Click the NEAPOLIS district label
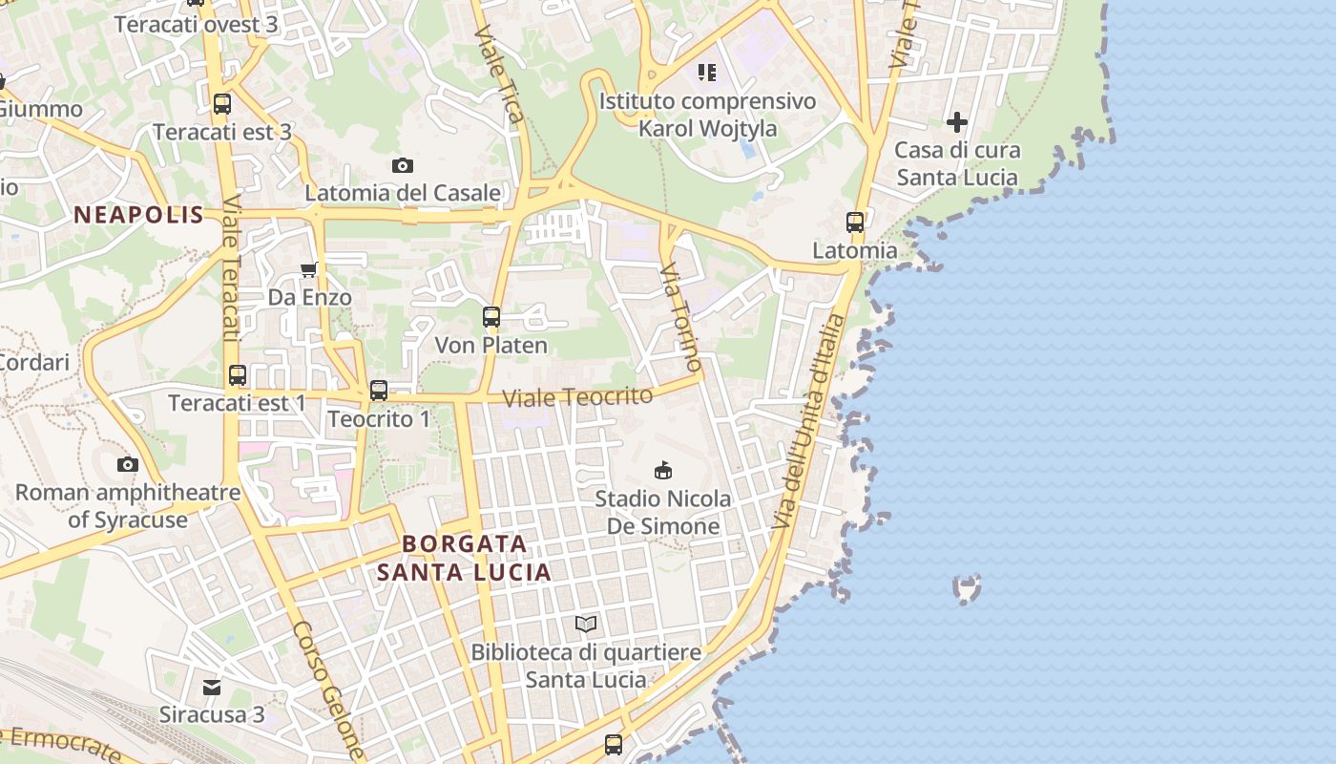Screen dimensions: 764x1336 click(x=139, y=215)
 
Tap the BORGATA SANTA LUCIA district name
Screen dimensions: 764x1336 click(x=464, y=558)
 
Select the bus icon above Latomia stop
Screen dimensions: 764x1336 click(x=855, y=223)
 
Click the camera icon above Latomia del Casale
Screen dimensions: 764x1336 click(x=403, y=166)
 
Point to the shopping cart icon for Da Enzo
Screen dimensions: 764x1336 click(x=309, y=270)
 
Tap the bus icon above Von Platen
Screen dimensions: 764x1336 click(x=491, y=317)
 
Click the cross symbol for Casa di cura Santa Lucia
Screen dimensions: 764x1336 click(x=957, y=122)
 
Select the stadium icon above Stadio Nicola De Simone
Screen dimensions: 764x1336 click(x=663, y=470)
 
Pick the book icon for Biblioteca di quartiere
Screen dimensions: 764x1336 click(x=586, y=625)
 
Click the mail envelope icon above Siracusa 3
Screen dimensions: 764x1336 click(x=212, y=687)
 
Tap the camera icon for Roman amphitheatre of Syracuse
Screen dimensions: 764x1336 click(x=128, y=465)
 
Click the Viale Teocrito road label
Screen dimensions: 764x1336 click(x=578, y=396)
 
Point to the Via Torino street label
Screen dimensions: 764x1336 click(x=681, y=317)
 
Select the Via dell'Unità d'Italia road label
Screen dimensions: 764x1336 click(x=808, y=420)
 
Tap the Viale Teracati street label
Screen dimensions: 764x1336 click(x=230, y=267)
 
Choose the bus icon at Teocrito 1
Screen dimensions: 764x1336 click(x=379, y=390)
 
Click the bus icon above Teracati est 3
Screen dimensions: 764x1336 click(x=222, y=104)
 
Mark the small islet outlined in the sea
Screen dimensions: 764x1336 click(x=967, y=588)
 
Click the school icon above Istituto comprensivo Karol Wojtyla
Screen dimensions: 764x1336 click(x=706, y=73)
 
